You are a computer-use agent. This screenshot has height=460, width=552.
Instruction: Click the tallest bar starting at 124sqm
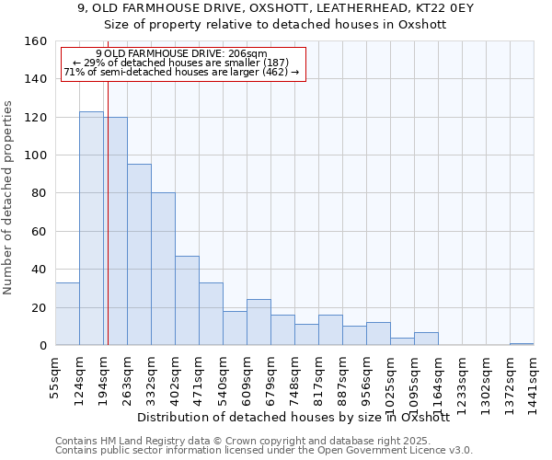tap(91, 228)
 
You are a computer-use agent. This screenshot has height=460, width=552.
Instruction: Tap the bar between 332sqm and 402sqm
tap(163, 269)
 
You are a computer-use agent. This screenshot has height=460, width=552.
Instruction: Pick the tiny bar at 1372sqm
tap(522, 344)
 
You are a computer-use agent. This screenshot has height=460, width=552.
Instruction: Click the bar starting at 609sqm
tap(259, 322)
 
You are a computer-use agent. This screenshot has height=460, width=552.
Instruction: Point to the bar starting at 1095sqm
tap(426, 339)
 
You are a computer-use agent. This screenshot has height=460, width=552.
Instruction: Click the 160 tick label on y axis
tap(36, 41)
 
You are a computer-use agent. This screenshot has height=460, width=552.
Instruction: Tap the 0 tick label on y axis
tap(42, 346)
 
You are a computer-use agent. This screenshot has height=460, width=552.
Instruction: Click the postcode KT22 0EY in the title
tap(395, 8)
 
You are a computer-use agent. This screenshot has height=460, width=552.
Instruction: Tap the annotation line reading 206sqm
tap(181, 54)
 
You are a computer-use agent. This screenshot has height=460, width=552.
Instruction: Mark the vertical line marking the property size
tap(108, 230)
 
